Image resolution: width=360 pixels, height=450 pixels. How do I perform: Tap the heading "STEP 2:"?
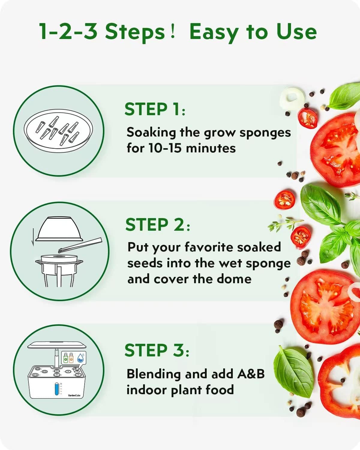[x=157, y=225]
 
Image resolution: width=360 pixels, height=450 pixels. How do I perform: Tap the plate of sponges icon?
[x=58, y=131]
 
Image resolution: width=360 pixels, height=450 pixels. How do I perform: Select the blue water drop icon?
[x=80, y=358]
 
